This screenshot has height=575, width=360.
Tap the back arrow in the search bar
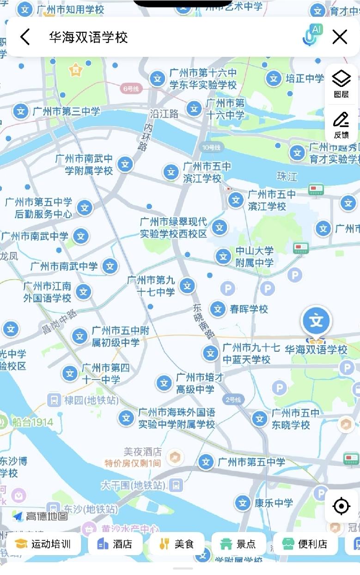(25, 37)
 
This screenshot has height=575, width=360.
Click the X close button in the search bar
(340, 37)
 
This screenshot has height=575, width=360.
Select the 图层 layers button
(341, 83)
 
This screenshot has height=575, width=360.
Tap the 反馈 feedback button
(341, 124)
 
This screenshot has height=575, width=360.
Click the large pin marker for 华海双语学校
(317, 322)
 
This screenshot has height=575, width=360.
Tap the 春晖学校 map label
(249, 309)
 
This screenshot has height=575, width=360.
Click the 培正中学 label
(305, 79)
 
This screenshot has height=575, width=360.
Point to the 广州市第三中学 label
(66, 111)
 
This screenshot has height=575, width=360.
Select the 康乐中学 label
(274, 502)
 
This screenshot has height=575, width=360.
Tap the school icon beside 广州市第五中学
(206, 462)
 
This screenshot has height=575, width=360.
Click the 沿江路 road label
(164, 113)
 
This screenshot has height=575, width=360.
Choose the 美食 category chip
(177, 544)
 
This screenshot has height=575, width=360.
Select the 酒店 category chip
(116, 544)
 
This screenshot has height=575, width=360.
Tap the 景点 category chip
(238, 544)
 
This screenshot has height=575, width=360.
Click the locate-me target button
(341, 507)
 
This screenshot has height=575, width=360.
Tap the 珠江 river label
(287, 177)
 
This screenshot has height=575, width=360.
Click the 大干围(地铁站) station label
(133, 485)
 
